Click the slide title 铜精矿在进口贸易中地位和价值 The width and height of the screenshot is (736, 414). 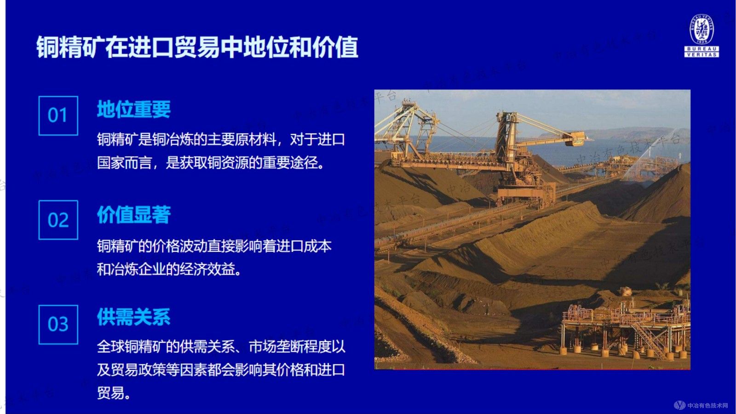197,47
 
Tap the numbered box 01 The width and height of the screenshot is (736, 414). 58,116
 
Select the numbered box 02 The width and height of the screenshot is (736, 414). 58,220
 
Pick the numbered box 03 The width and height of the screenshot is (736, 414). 58,324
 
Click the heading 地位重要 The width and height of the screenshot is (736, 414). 133,110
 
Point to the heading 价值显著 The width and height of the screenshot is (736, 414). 133,215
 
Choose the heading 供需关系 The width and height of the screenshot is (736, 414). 133,317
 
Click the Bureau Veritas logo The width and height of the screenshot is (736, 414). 701,35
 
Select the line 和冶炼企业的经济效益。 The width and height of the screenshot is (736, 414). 169,269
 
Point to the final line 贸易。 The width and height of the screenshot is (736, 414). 114,393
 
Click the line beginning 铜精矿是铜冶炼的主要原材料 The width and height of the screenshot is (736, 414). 221,139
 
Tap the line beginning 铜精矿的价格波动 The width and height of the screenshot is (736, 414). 214,246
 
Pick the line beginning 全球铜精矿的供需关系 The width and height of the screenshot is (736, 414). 221,346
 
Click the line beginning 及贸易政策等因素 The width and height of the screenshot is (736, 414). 221,369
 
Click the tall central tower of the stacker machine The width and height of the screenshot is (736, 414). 506,138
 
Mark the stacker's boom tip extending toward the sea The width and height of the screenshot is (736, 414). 575,138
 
